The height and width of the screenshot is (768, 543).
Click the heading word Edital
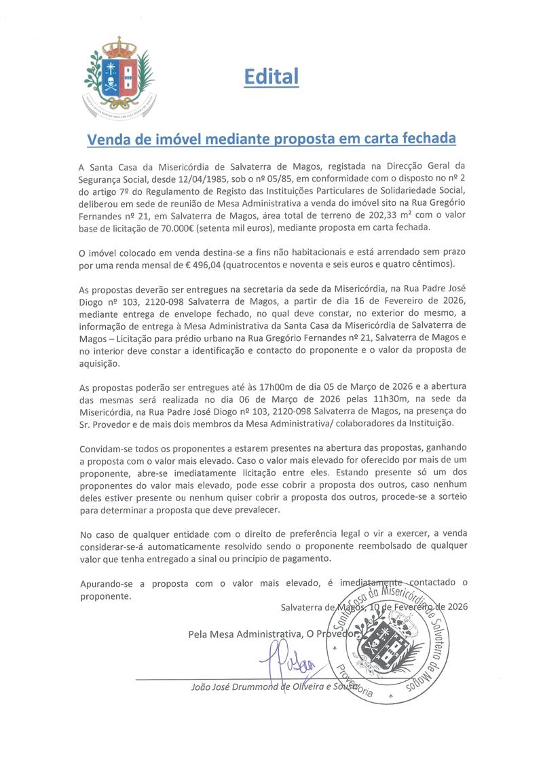point(271,77)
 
